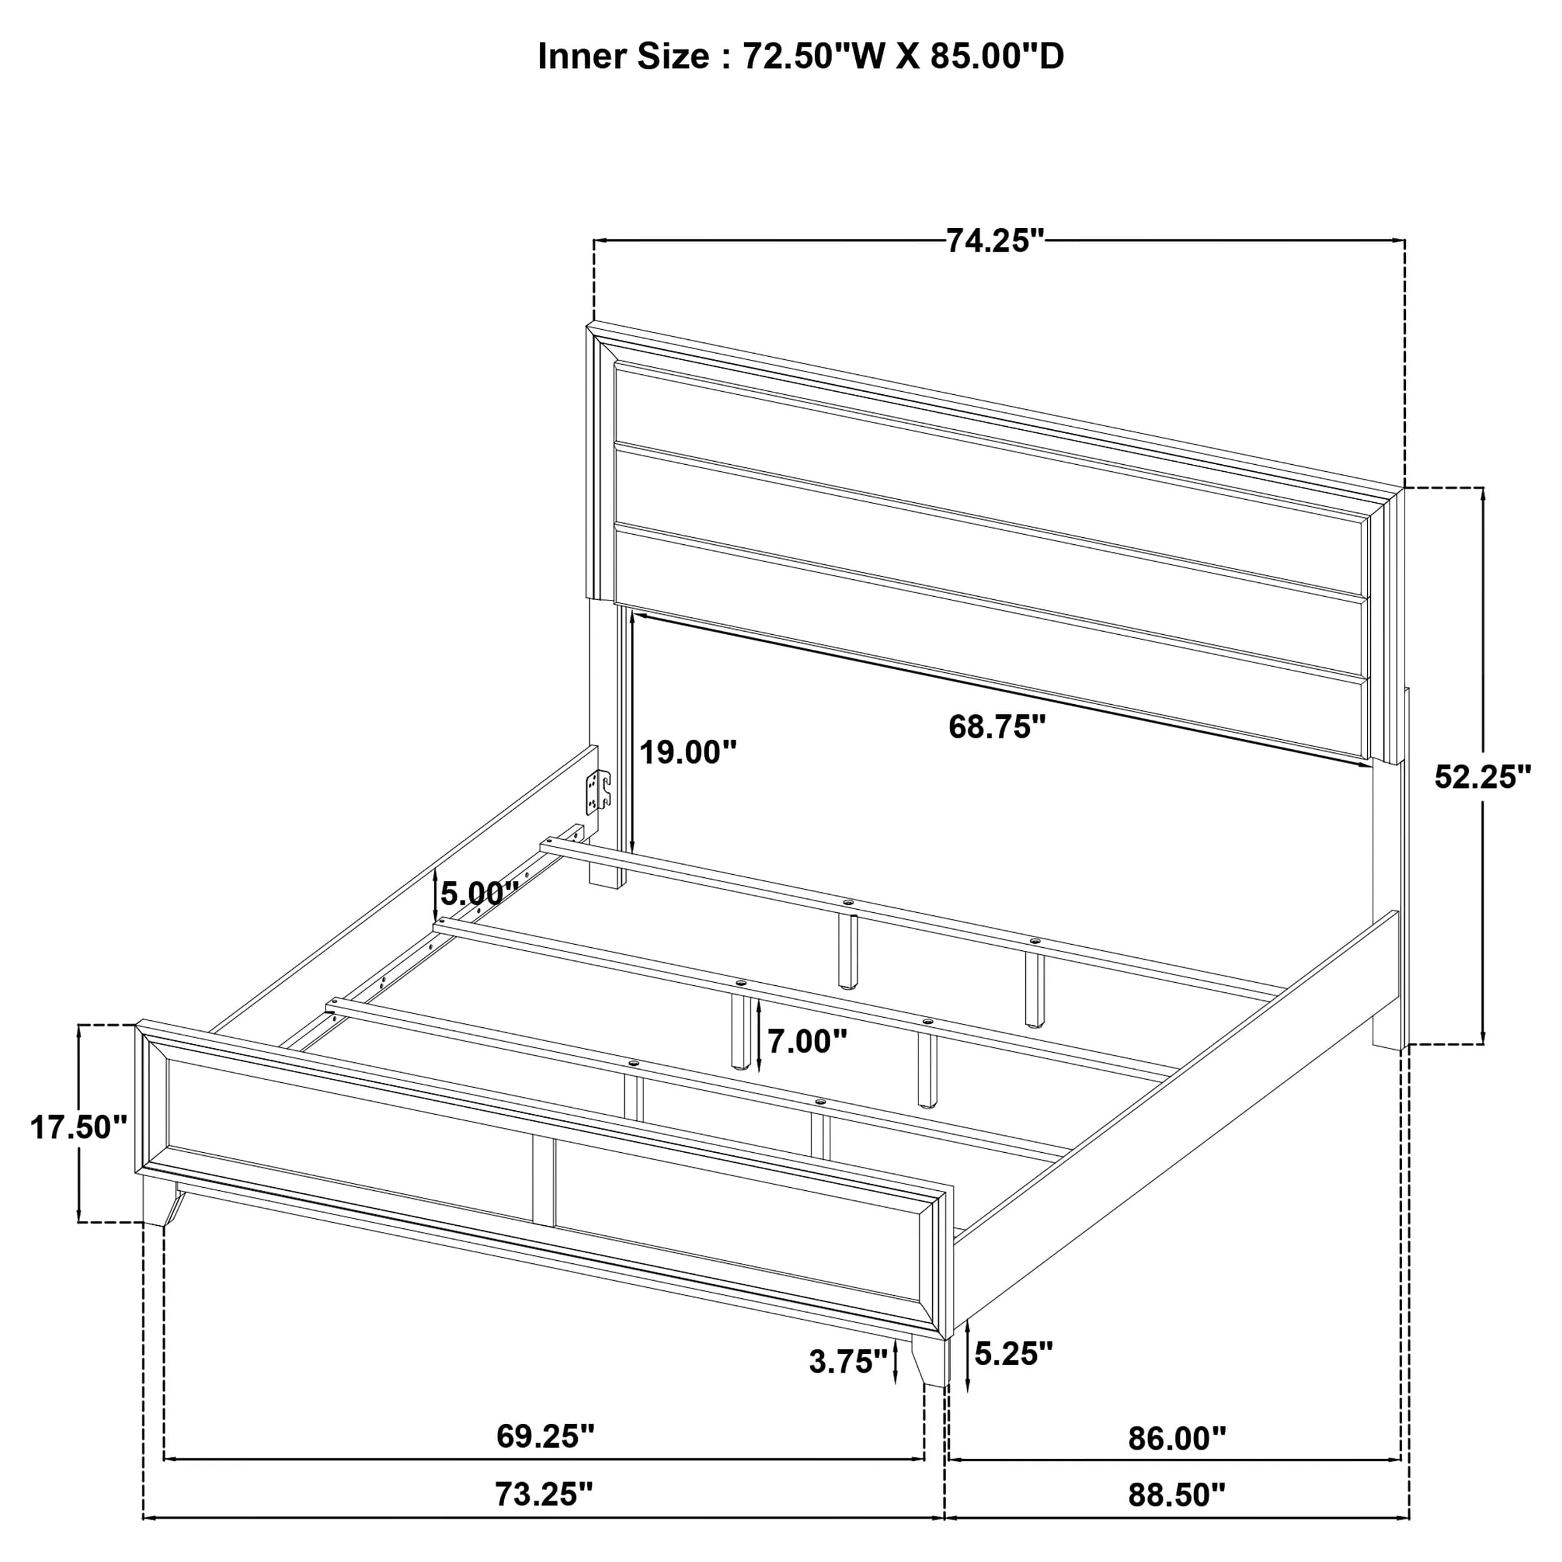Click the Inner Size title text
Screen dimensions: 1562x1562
click(800, 57)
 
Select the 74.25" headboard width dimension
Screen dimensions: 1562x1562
click(995, 241)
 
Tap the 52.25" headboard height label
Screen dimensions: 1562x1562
click(1483, 777)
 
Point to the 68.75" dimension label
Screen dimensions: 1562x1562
click(997, 727)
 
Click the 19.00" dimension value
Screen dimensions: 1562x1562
click(688, 753)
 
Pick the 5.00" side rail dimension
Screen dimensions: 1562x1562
click(479, 893)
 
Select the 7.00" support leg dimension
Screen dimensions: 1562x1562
click(807, 1042)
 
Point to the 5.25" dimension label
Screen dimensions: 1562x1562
click(1013, 1353)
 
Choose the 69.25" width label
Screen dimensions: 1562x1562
click(545, 1436)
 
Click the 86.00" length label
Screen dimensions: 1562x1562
click(1176, 1438)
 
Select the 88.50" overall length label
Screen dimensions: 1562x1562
click(1176, 1518)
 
